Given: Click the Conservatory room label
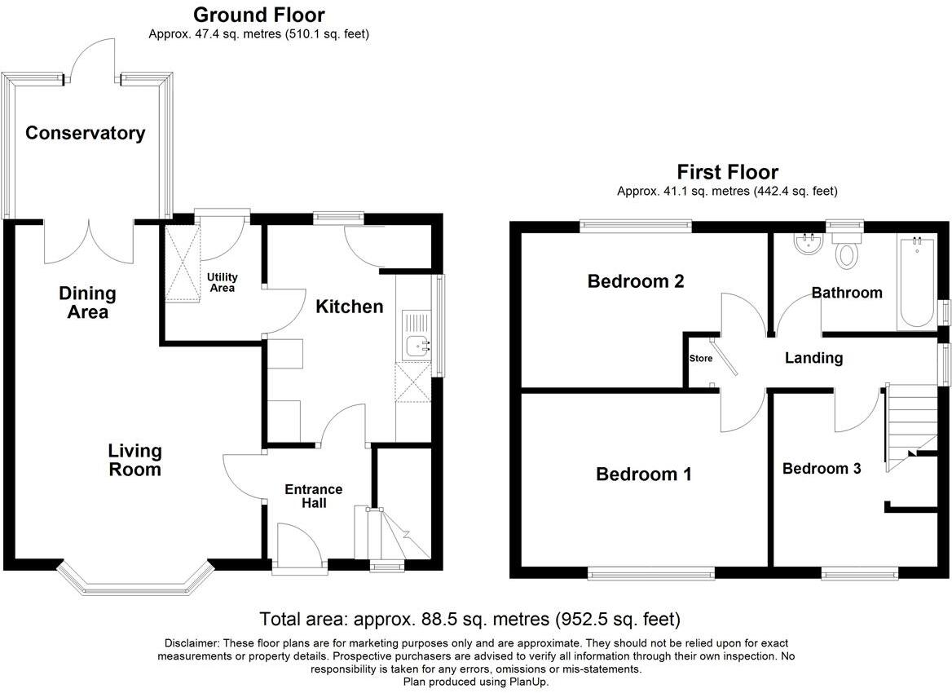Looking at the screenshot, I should tap(85, 133).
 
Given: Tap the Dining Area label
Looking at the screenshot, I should tap(87, 302).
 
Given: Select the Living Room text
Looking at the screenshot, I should tap(135, 460).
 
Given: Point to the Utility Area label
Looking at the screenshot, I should tap(221, 283).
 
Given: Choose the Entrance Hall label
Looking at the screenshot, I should tap(313, 496).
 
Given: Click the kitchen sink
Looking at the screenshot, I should tap(419, 346).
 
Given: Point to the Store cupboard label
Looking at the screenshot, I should tap(700, 359).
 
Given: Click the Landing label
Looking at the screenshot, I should tap(813, 358).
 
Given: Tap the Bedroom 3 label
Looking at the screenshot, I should tap(821, 469).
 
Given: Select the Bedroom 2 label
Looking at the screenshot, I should tap(636, 281).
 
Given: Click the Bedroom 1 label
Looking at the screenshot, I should tap(643, 474).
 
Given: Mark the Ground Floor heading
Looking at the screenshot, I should tap(258, 15).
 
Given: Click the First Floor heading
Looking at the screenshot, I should tap(727, 172).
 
